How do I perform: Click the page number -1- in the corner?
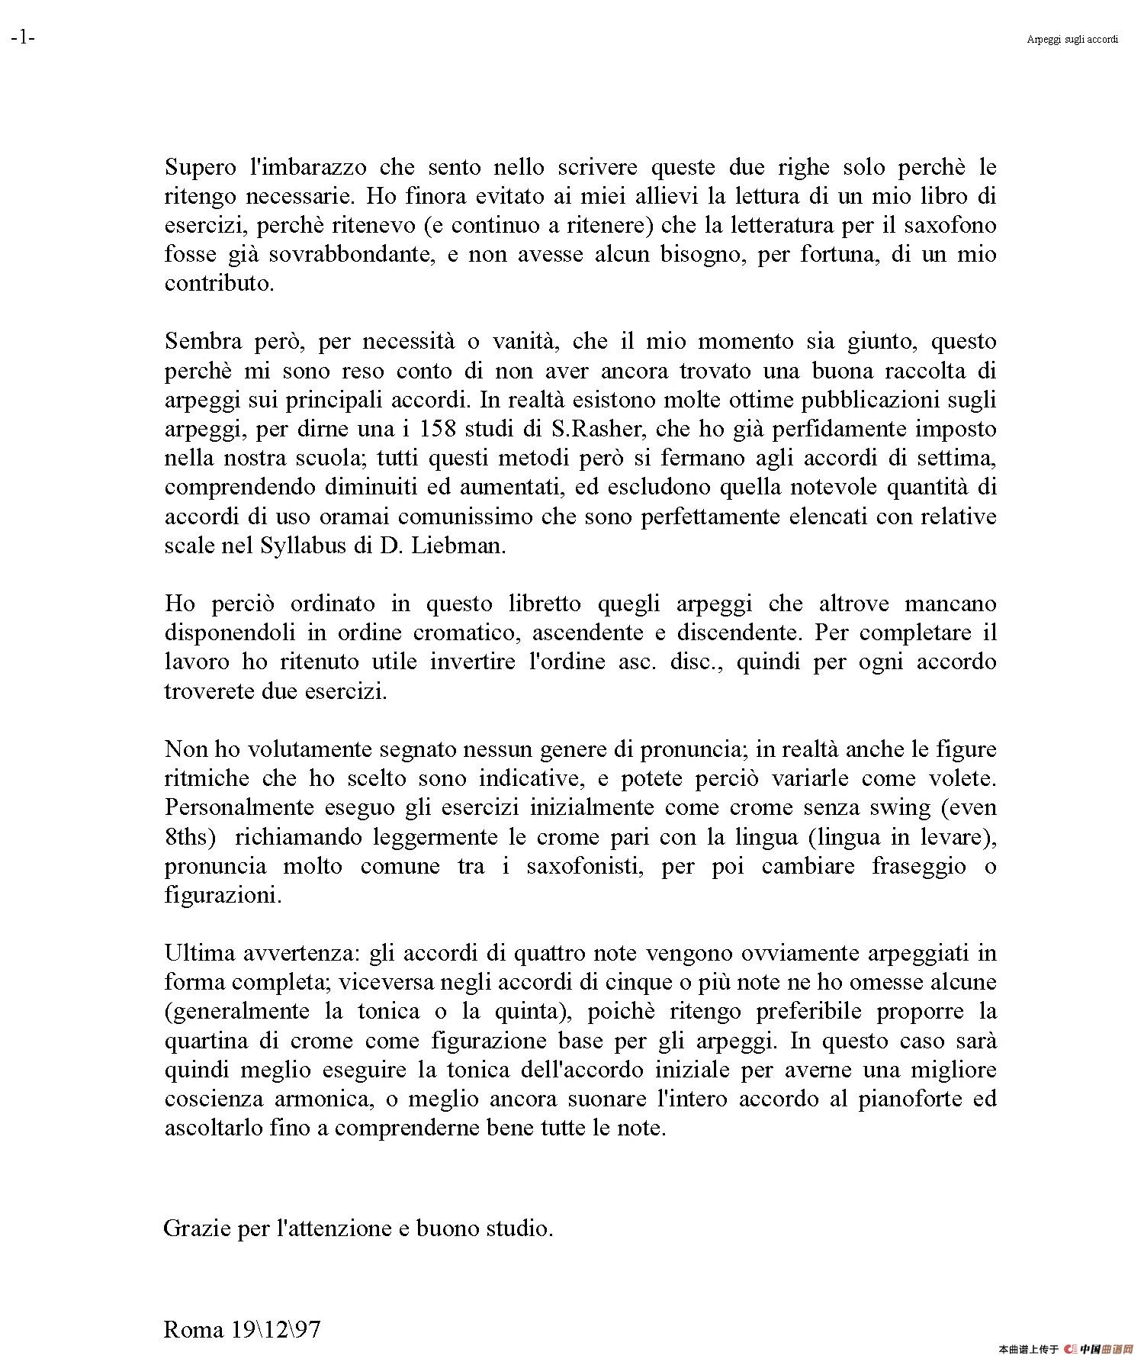tap(23, 37)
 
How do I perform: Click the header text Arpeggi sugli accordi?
tap(1072, 39)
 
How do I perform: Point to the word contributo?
tap(219, 283)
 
